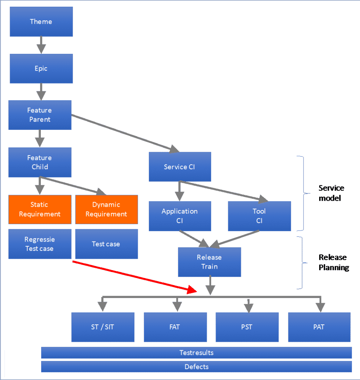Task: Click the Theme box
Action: (x=41, y=22)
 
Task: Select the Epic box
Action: (x=41, y=69)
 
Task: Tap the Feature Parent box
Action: (x=40, y=115)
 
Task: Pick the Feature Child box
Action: (x=40, y=162)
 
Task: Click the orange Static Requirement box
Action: (x=40, y=209)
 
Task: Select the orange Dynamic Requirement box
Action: (x=106, y=209)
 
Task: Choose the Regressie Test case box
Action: (x=40, y=244)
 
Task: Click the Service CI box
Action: (x=180, y=167)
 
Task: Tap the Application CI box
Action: (x=180, y=216)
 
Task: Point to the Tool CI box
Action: (x=259, y=216)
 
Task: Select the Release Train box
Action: (x=209, y=262)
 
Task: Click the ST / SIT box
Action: (x=103, y=327)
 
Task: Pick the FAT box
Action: (x=175, y=327)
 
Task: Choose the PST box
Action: (x=247, y=327)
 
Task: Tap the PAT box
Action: (x=319, y=327)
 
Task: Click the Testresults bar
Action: (x=196, y=353)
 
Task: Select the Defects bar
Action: (x=196, y=367)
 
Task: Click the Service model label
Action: (x=331, y=193)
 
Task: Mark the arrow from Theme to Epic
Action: (x=41, y=45)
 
